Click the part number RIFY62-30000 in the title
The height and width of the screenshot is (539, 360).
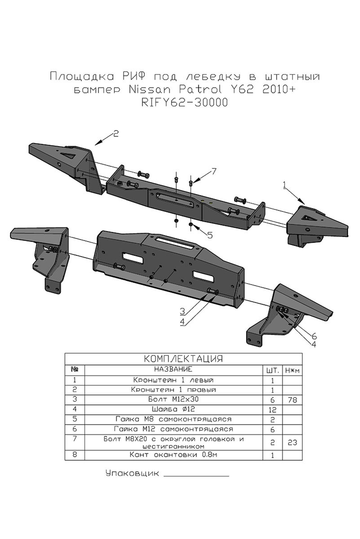tap(185, 103)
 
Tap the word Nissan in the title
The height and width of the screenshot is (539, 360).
tap(152, 89)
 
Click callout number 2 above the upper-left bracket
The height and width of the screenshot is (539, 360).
tap(116, 134)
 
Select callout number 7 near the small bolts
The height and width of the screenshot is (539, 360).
tap(214, 171)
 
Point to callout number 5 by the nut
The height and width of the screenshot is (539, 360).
tap(210, 235)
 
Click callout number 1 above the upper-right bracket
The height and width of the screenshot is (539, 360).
tap(284, 185)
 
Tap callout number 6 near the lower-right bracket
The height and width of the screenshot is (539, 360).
tap(314, 336)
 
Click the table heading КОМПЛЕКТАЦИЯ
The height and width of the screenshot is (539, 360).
tap(183, 359)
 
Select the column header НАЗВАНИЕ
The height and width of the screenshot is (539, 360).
tap(173, 369)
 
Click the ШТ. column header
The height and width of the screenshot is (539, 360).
tap(272, 370)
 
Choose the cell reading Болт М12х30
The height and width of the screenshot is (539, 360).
tap(173, 399)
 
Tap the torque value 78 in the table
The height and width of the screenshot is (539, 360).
tap(292, 400)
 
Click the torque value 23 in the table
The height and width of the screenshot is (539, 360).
tap(292, 442)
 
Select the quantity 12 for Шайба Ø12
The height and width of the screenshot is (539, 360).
tap(272, 410)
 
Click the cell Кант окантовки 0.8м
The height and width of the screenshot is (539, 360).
tap(173, 455)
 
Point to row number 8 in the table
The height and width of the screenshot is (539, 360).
tap(75, 454)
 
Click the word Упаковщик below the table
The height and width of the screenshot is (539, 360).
tap(132, 473)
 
